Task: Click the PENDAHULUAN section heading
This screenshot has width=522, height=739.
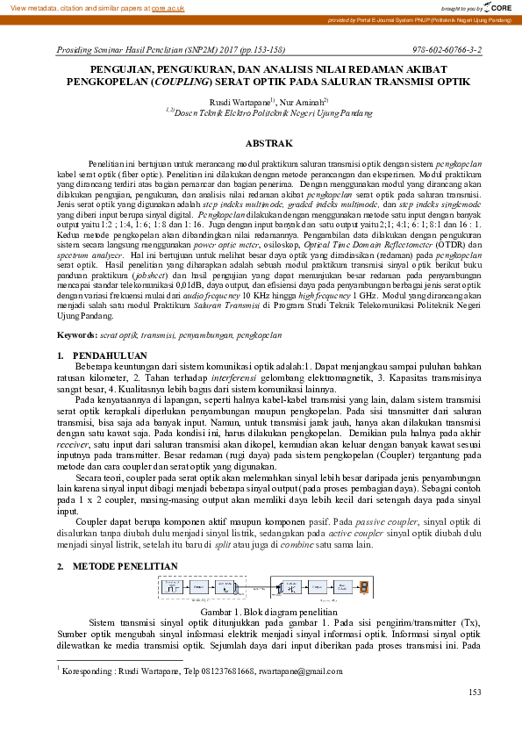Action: (111, 355)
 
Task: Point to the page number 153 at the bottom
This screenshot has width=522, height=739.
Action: (475, 692)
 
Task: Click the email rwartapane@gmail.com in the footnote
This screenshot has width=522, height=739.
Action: (300, 671)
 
